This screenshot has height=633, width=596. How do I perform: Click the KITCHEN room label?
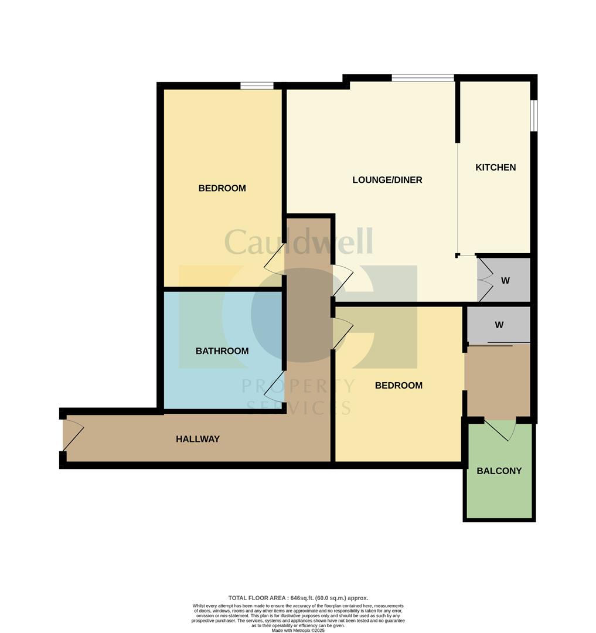click(x=495, y=168)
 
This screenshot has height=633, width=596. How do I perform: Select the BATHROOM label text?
click(x=222, y=351)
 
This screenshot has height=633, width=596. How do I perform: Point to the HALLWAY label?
click(x=197, y=439)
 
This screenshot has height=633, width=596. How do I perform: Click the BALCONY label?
click(x=499, y=471)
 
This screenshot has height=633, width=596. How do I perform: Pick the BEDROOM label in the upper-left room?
click(x=222, y=188)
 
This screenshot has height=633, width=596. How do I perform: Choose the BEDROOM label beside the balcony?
click(x=399, y=386)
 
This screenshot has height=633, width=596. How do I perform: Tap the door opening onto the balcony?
click(x=500, y=429)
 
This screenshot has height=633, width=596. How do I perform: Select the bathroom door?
click(x=276, y=386)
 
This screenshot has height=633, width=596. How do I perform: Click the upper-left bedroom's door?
click(x=275, y=259)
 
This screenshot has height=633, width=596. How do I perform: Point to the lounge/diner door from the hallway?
click(x=342, y=280)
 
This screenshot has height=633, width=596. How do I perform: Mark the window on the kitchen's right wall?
click(x=533, y=115)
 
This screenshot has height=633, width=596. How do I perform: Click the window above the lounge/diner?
click(x=423, y=78)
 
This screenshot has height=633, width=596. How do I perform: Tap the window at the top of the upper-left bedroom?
click(x=257, y=86)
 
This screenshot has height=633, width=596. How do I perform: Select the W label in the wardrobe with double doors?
click(x=505, y=281)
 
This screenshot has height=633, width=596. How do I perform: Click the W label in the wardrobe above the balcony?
click(x=499, y=325)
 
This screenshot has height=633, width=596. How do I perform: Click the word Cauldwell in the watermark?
click(x=298, y=241)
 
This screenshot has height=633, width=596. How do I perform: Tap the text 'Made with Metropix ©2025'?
click(x=298, y=630)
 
